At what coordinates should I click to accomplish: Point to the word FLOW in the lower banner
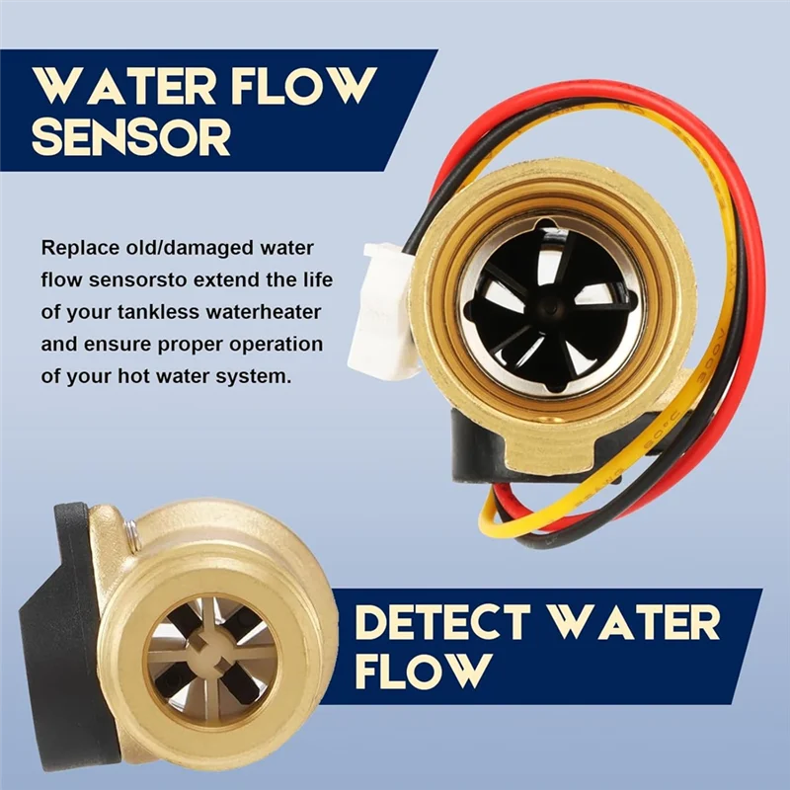click(x=423, y=671)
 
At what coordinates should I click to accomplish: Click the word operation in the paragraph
click(x=274, y=345)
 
